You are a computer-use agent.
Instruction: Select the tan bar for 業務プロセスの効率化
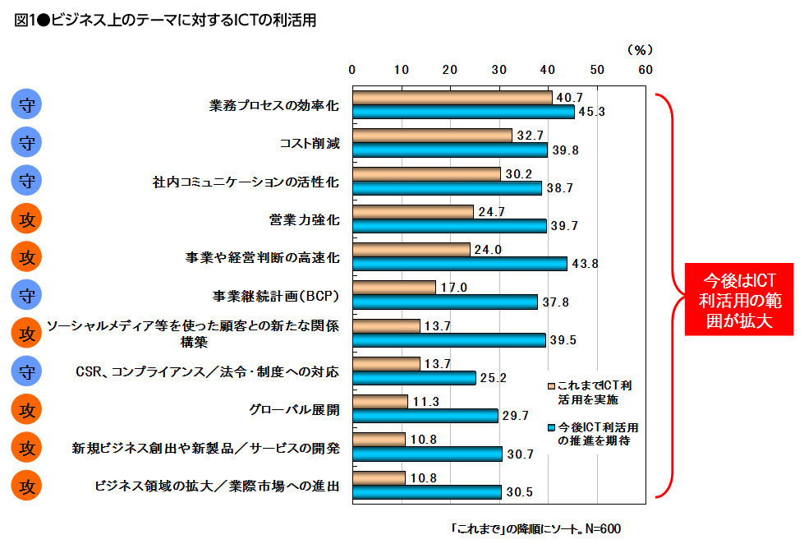click(452, 98)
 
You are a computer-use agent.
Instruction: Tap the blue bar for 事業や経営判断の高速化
click(459, 264)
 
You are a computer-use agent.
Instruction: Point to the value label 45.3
click(591, 112)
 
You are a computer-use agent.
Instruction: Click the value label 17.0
click(453, 288)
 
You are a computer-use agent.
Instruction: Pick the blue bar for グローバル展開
click(425, 416)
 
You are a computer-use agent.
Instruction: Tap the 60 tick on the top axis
click(645, 69)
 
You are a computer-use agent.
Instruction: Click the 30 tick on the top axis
click(498, 69)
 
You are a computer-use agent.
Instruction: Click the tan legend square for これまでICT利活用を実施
click(551, 385)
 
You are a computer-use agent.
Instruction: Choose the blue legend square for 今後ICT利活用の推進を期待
click(551, 428)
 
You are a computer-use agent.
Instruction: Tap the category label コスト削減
click(310, 143)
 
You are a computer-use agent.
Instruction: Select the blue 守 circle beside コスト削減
click(27, 143)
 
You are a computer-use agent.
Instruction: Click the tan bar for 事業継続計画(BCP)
click(393, 288)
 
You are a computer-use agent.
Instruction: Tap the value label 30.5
click(519, 492)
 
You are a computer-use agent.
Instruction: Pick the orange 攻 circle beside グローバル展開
click(27, 409)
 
